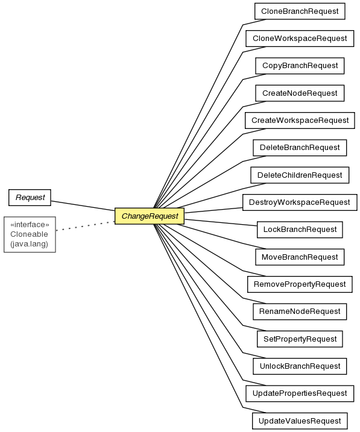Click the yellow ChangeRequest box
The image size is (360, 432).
(x=150, y=216)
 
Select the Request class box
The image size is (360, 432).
(x=30, y=198)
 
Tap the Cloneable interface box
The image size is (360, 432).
(x=30, y=234)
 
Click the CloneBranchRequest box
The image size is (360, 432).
(x=300, y=11)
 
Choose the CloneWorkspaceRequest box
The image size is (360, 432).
(x=300, y=39)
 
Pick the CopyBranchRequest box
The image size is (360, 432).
(x=300, y=66)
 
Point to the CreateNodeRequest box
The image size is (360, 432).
(x=300, y=93)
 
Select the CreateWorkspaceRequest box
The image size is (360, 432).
(x=300, y=121)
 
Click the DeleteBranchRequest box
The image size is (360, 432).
(x=300, y=148)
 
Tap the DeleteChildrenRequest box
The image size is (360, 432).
(x=300, y=175)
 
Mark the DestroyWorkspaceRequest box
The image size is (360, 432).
(x=300, y=202)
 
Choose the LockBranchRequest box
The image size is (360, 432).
(x=300, y=230)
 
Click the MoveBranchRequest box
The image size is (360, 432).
(x=300, y=257)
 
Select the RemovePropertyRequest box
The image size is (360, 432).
(x=300, y=284)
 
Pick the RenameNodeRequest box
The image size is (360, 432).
(x=300, y=311)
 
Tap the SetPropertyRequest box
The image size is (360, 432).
(x=300, y=339)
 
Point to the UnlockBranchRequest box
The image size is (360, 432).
(x=300, y=366)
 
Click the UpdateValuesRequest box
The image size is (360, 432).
(x=300, y=421)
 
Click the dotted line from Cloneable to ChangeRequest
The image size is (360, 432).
(x=85, y=226)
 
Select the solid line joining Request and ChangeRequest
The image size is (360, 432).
(x=83, y=206)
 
